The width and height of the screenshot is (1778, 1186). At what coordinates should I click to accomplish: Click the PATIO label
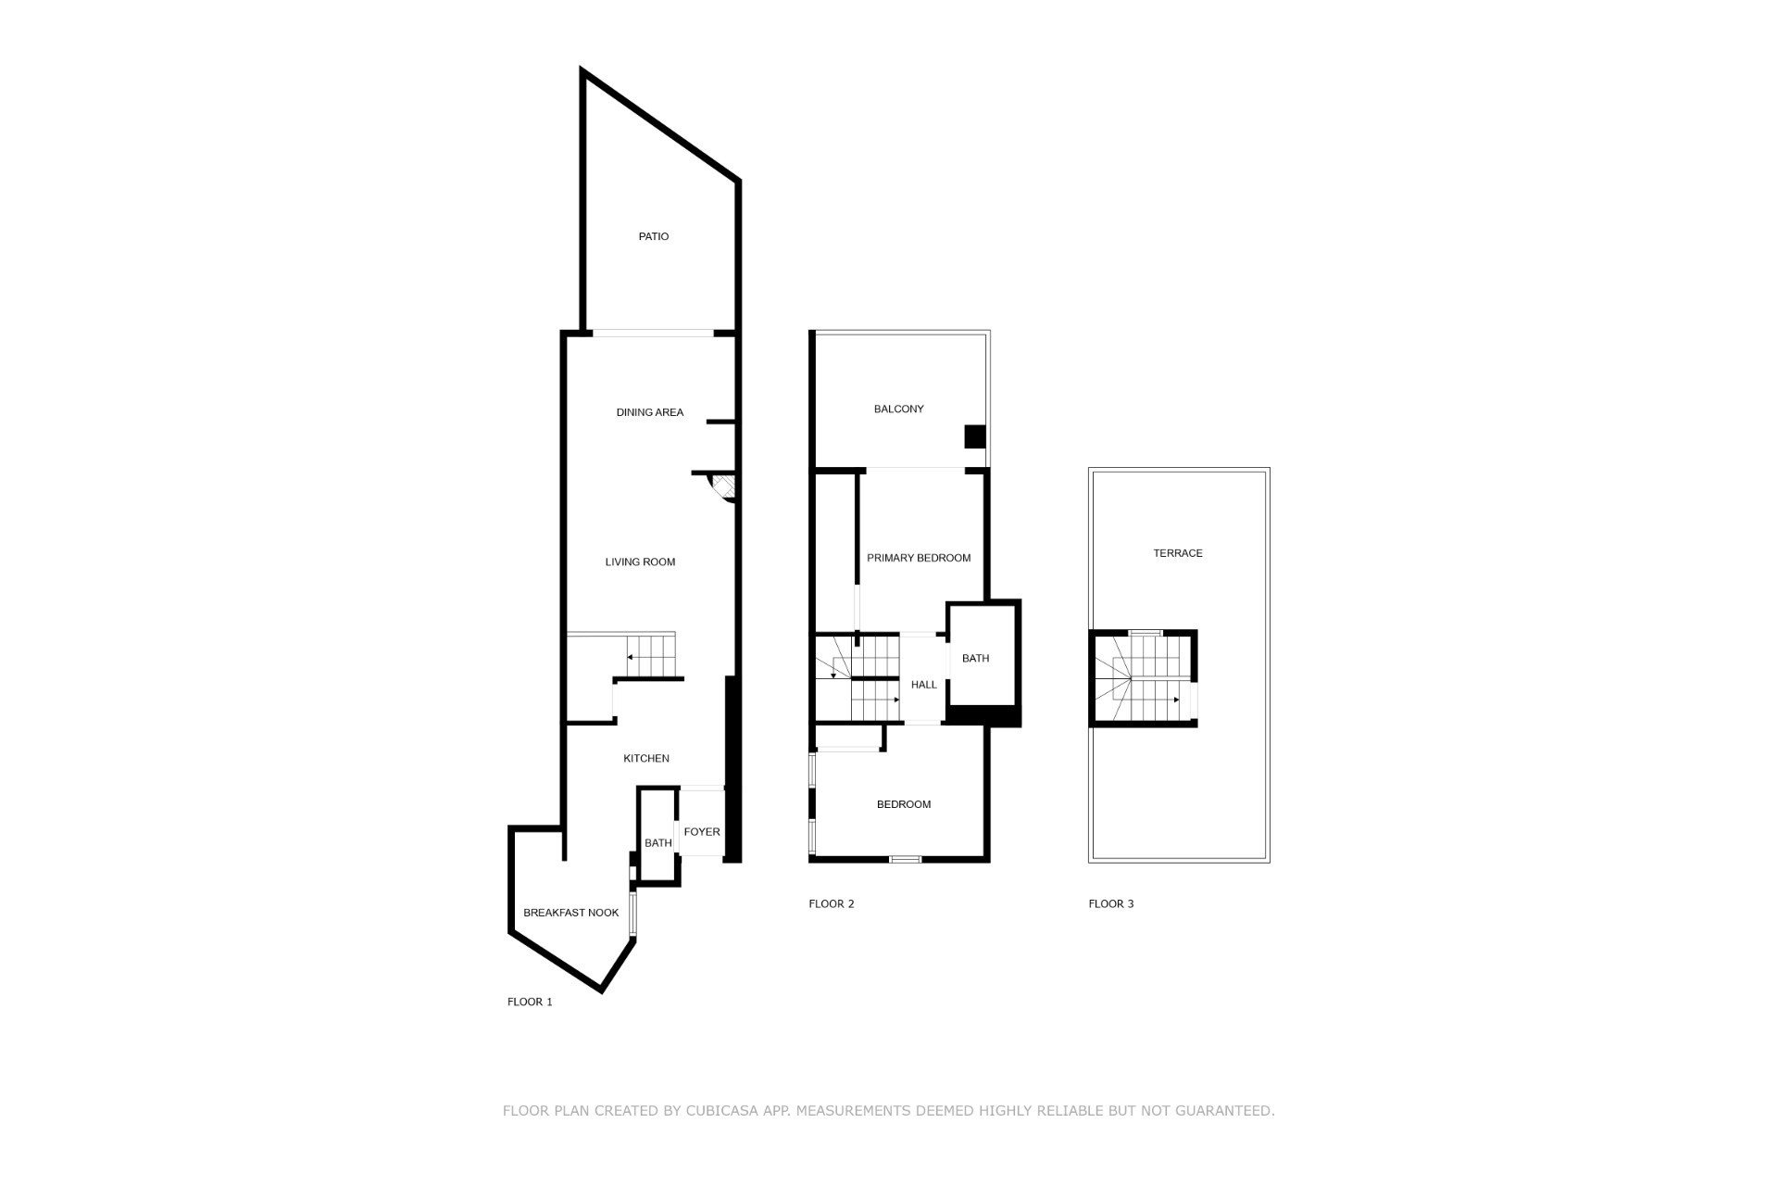click(654, 236)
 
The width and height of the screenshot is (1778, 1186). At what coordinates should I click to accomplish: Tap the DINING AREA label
click(650, 412)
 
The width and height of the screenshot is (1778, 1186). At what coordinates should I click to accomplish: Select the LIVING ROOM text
click(640, 561)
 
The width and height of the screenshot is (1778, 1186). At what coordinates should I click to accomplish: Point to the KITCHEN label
click(646, 758)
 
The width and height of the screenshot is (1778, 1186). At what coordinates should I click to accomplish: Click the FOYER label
click(702, 831)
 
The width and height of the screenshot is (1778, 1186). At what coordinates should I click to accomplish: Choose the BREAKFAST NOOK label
click(571, 913)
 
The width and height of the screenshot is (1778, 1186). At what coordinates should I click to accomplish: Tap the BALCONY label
click(899, 409)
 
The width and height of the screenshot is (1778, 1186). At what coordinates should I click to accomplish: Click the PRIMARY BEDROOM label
click(919, 558)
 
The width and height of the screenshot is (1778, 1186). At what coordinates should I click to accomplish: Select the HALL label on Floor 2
click(924, 685)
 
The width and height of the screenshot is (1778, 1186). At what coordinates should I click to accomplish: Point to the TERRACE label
click(1178, 553)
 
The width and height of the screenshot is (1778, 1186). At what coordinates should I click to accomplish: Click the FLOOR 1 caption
click(530, 1002)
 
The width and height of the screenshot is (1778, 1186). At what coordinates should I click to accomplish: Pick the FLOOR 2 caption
click(832, 903)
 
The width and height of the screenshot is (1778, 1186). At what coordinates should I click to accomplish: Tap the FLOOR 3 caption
click(1111, 903)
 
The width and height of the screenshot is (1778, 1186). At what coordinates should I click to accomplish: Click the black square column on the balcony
click(975, 436)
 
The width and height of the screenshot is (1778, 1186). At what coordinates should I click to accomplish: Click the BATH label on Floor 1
click(658, 843)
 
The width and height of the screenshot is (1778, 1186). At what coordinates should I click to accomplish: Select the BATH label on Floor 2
click(976, 659)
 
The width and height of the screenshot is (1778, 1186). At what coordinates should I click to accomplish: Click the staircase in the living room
click(651, 656)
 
